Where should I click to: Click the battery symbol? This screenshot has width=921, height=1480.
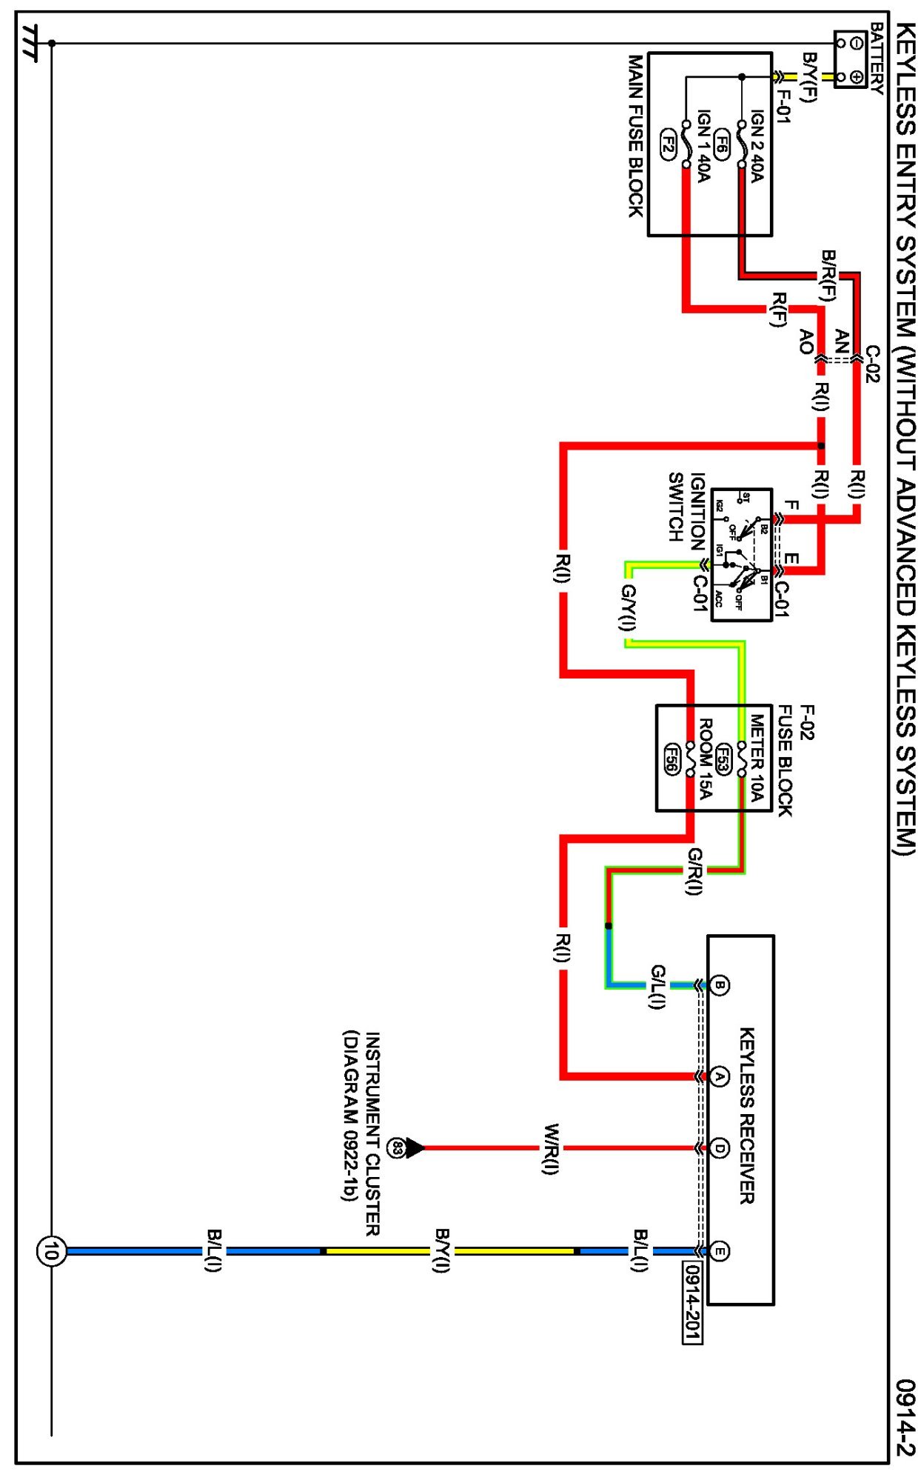pyautogui.click(x=850, y=59)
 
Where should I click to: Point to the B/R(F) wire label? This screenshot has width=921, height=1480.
pyautogui.click(x=828, y=276)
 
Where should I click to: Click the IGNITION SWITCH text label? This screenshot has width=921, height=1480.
pyautogui.click(x=686, y=507)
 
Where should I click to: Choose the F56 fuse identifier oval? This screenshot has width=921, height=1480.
pyautogui.click(x=672, y=758)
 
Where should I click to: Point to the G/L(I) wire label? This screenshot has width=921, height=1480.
pyautogui.click(x=657, y=986)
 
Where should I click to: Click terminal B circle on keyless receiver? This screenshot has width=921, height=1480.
pyautogui.click(x=720, y=985)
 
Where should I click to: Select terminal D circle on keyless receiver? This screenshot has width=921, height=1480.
pyautogui.click(x=720, y=1148)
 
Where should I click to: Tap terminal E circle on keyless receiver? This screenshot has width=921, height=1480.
pyautogui.click(x=720, y=1251)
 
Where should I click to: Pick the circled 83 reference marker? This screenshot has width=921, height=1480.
pyautogui.click(x=396, y=1148)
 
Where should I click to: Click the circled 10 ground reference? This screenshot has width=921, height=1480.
pyautogui.click(x=51, y=1251)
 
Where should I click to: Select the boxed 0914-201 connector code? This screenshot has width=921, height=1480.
pyautogui.click(x=692, y=1302)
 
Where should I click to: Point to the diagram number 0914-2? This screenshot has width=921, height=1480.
pyautogui.click(x=905, y=1416)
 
